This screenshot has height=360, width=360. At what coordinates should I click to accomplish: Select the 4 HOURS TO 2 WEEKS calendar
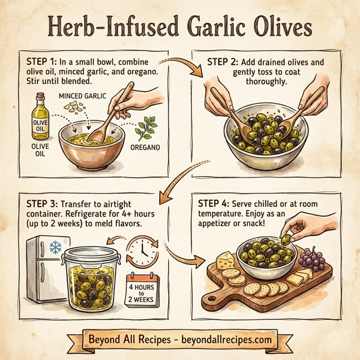click(142, 289)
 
